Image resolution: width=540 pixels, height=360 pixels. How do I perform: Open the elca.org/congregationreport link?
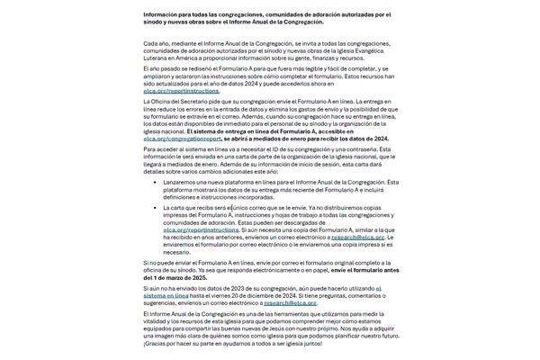click(x=183, y=139)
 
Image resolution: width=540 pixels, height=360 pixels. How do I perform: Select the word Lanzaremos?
click(x=184, y=182)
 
